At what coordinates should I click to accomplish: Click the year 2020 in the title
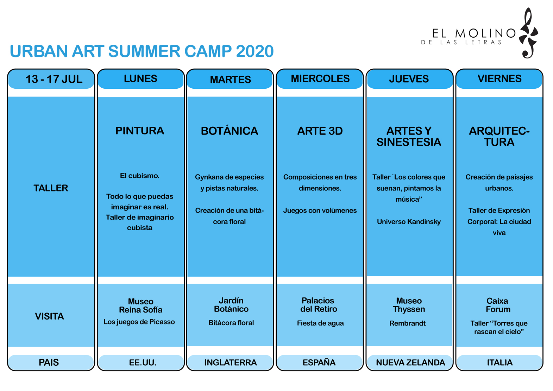[x=254, y=51]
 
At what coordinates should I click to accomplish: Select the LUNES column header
[x=140, y=79]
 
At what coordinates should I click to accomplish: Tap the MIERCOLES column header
[x=320, y=79]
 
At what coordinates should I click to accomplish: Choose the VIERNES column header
[x=499, y=79]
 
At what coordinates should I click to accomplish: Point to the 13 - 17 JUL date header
[x=54, y=79]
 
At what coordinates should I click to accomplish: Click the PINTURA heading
[x=140, y=131]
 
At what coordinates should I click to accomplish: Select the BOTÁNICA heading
[x=230, y=131]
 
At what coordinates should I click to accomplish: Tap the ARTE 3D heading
[x=320, y=131]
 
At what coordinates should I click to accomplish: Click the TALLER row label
[x=51, y=188]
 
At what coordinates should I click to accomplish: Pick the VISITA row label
[x=49, y=316]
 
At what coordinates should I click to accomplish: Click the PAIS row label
[x=49, y=362]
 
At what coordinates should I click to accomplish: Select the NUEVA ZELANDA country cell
[x=410, y=362]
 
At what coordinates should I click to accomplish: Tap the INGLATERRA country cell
[x=230, y=362]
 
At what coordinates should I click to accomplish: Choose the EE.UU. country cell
[x=143, y=362]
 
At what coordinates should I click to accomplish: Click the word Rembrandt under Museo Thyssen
[x=408, y=323]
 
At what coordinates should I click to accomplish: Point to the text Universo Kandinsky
[x=409, y=222]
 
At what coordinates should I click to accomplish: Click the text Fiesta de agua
[x=320, y=323]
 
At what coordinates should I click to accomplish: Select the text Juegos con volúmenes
[x=320, y=210]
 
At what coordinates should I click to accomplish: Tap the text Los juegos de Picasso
[x=139, y=322]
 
